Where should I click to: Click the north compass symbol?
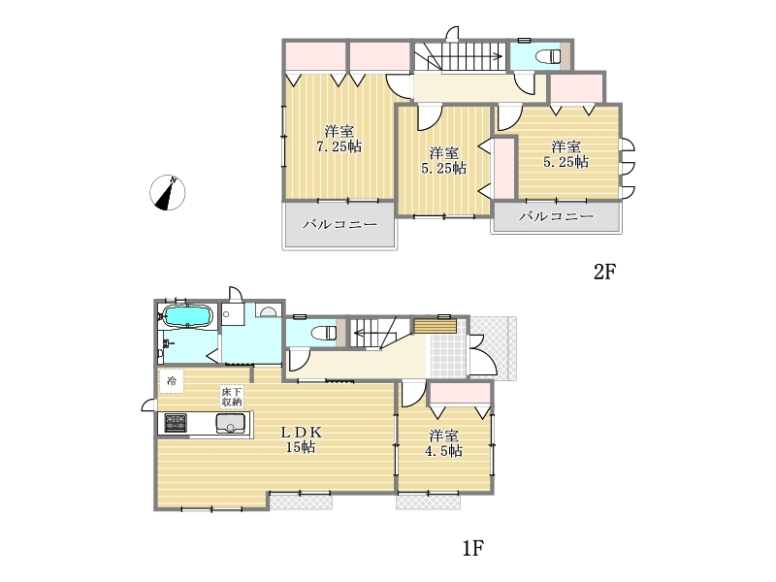pos(168,192)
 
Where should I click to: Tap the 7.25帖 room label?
pos(339,139)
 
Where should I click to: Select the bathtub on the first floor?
pos(187,315)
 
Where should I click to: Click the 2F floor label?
pos(604,272)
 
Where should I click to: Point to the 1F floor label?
pos(473,548)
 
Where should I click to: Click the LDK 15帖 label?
pos(302,439)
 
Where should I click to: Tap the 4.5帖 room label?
pos(444,443)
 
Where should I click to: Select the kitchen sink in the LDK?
pos(231,423)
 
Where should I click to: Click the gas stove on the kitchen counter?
pos(176,423)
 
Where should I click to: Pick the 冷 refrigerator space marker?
pos(172,381)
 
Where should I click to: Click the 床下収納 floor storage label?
pos(231,397)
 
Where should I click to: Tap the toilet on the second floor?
pos(549,56)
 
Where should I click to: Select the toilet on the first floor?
pos(324,332)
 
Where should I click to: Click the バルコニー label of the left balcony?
pos(340,224)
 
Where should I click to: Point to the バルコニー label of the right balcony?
pos(556,216)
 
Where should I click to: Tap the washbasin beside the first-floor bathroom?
pos(269,310)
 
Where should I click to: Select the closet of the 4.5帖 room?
pos(460,395)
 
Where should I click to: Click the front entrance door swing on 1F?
pos(483,355)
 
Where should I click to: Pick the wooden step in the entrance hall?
pos(435,326)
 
